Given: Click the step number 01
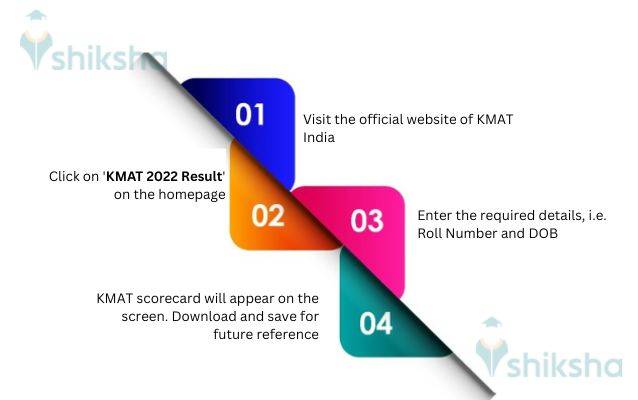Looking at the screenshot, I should (x=250, y=113).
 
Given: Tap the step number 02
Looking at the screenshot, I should (x=268, y=215).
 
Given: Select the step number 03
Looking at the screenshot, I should (x=366, y=221).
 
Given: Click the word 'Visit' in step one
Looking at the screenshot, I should (x=319, y=120).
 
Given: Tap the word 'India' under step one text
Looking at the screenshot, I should (x=319, y=138).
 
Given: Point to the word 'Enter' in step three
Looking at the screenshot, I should (x=435, y=215).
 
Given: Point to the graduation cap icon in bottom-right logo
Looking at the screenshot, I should (x=492, y=327).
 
